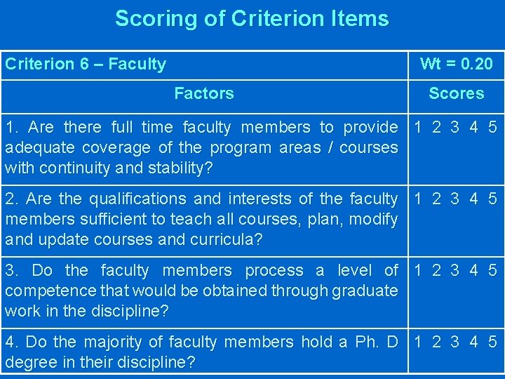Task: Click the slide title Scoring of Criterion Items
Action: (252, 18)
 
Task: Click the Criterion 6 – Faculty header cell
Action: (86, 65)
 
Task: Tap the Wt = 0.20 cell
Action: (456, 65)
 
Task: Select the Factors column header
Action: (203, 93)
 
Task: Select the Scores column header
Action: (456, 93)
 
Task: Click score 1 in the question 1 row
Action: (418, 128)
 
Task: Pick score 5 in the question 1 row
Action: (492, 128)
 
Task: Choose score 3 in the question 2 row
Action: (455, 199)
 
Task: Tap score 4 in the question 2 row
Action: (474, 199)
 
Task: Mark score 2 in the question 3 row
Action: (437, 271)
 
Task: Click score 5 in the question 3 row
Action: (492, 271)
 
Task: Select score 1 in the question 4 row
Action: (418, 343)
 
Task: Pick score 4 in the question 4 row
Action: (474, 343)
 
